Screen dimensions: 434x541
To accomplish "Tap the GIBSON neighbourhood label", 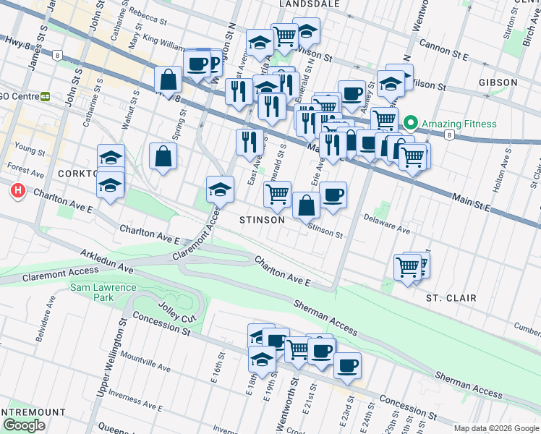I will click(498, 82).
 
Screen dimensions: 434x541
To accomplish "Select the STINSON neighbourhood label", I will click(262, 219).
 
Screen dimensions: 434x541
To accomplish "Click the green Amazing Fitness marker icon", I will click(411, 124).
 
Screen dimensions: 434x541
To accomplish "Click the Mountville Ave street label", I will click(145, 363).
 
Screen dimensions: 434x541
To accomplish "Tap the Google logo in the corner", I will click(24, 425).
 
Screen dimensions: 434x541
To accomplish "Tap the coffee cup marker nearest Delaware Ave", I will click(333, 195).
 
